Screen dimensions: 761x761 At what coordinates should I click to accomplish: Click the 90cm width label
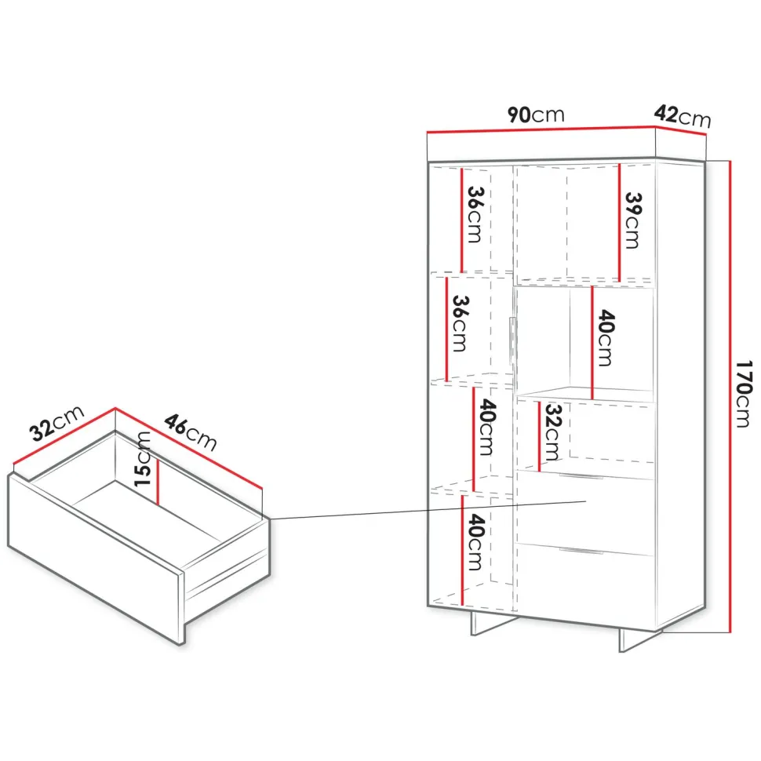536,115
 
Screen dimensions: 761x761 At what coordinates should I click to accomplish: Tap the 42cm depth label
682,116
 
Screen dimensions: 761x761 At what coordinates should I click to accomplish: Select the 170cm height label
743,394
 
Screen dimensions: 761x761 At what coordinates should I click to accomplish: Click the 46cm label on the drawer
190,432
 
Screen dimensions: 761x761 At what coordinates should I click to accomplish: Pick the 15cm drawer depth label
142,459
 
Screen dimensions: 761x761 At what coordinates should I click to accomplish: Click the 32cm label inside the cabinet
552,432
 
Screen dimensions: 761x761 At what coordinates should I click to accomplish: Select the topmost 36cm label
475,214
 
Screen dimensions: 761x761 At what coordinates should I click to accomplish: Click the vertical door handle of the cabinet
511,340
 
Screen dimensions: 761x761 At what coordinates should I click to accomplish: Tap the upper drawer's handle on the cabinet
581,476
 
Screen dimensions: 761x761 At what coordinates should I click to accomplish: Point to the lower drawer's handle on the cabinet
581,551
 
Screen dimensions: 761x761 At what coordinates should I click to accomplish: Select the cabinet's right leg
639,641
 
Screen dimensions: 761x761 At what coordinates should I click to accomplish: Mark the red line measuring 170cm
730,396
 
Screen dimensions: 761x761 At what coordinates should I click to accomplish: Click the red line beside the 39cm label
619,223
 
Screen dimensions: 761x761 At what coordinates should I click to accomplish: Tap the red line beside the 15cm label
158,482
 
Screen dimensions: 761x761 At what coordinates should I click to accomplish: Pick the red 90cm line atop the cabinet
541,129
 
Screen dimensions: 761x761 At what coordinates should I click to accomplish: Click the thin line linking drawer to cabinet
428,510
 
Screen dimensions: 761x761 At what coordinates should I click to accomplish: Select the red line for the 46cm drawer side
189,449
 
